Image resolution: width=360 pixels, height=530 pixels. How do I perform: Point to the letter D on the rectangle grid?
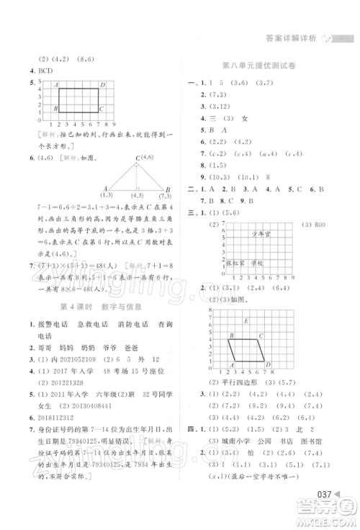coord(103,86)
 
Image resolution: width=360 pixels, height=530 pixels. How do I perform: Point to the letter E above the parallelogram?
coord(246,321)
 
